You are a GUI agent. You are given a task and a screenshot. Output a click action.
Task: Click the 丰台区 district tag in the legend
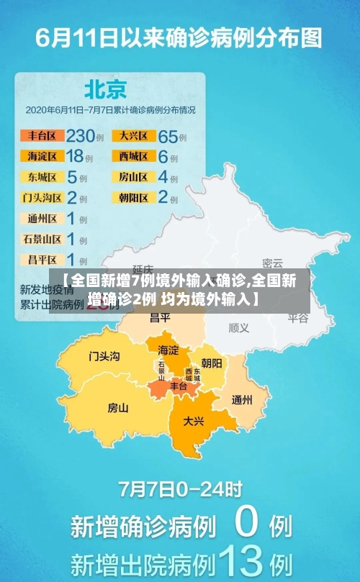42,135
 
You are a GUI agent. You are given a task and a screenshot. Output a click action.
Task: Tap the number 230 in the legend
81,135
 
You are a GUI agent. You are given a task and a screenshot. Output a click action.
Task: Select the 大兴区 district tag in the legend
134,135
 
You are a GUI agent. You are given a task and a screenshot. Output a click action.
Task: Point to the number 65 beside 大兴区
168,135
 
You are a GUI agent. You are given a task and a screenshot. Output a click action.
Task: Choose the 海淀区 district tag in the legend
42,155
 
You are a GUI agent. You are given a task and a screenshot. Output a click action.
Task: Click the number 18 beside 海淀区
75,155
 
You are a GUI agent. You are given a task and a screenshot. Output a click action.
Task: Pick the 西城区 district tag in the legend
134,155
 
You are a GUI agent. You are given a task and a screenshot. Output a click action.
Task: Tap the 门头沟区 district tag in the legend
42,197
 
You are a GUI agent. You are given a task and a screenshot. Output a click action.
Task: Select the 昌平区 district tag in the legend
42,259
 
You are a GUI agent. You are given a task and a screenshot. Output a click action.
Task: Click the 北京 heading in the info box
106,88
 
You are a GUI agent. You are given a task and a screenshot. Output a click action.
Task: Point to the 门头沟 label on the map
104,356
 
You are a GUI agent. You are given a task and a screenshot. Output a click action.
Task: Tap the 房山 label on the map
117,408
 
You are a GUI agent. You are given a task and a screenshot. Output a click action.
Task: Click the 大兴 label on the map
193,421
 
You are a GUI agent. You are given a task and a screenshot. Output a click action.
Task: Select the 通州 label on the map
242,400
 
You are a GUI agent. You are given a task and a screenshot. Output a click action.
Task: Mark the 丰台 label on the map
178,386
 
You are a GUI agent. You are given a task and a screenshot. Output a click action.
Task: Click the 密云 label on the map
272,263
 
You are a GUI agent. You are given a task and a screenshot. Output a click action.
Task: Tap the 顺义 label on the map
238,327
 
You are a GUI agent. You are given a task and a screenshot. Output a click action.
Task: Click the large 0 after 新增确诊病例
246,524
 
